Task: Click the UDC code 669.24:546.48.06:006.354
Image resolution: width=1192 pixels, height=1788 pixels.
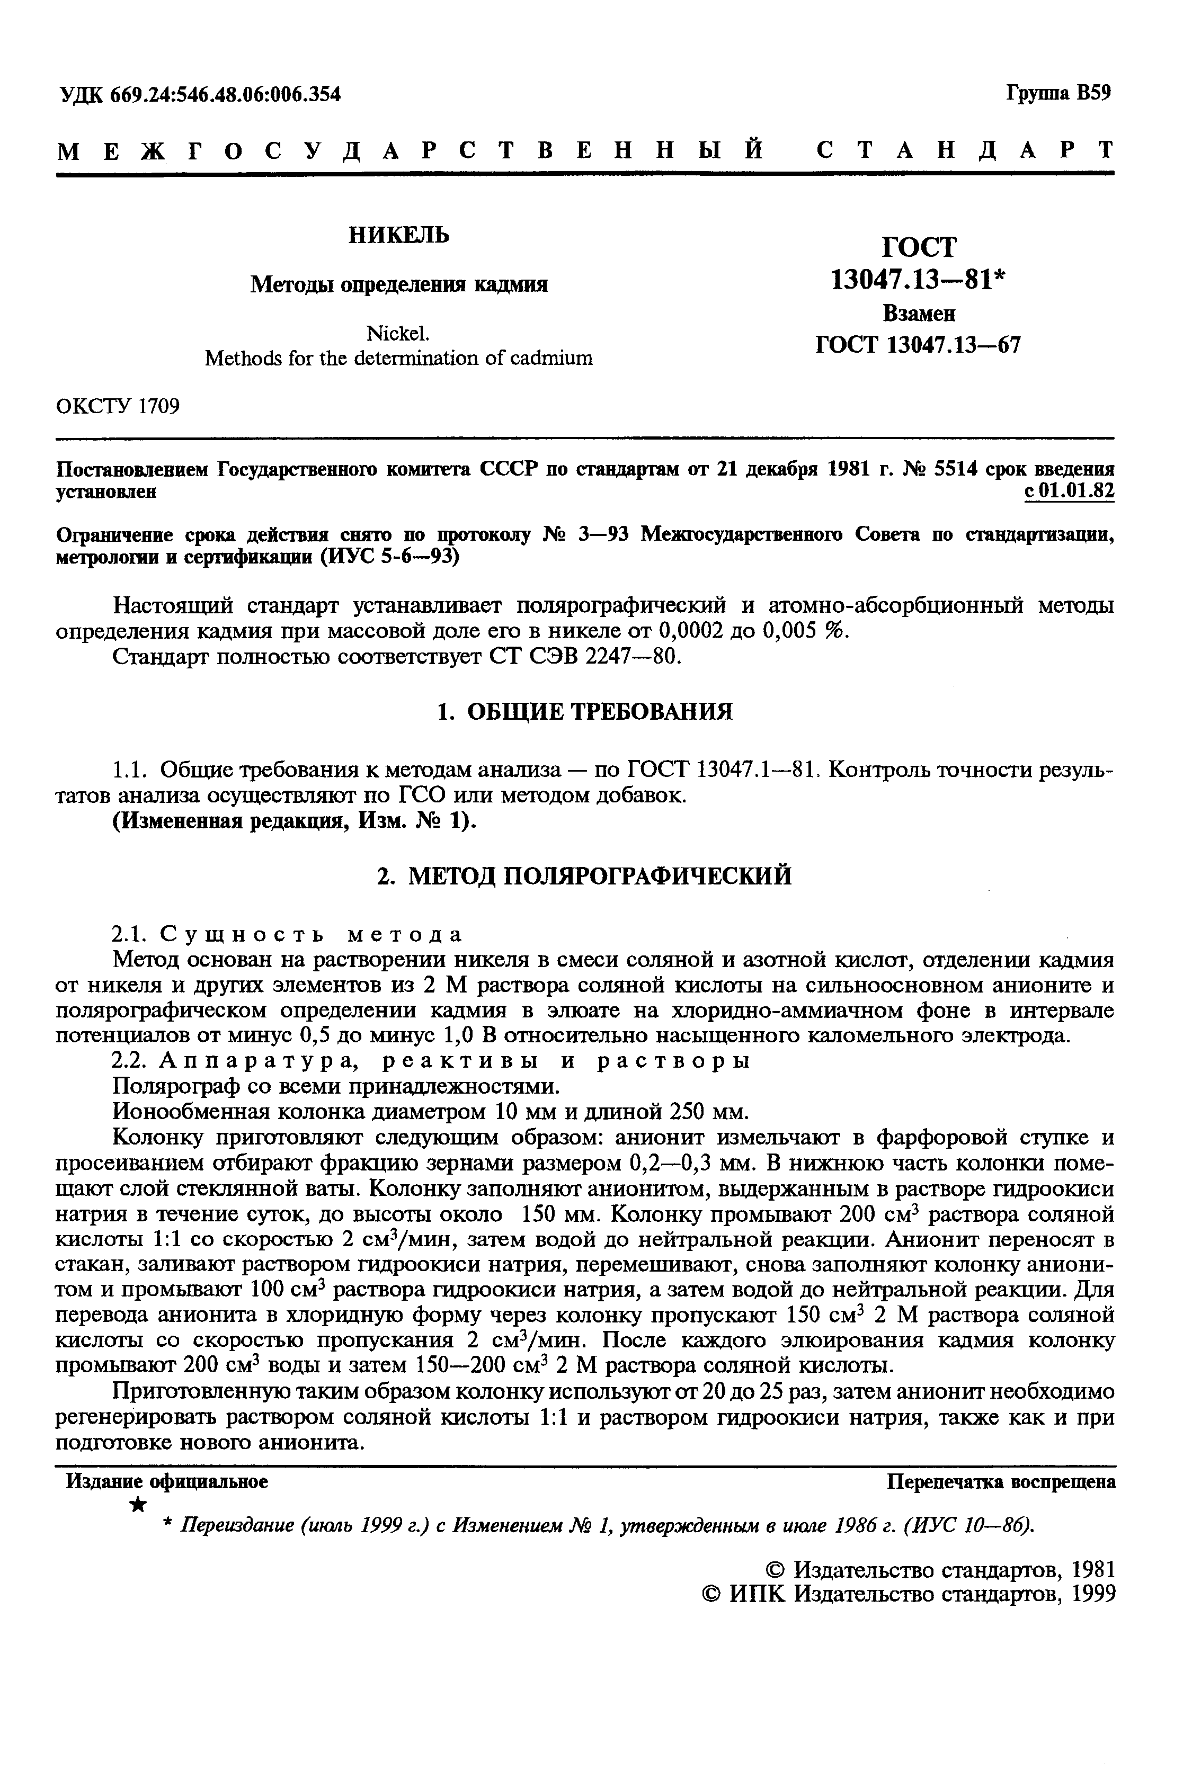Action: (225, 95)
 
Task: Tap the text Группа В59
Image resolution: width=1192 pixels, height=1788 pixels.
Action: (1058, 93)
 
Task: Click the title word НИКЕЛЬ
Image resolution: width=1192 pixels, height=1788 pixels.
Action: (398, 236)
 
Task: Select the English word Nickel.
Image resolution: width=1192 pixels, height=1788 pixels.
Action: (398, 334)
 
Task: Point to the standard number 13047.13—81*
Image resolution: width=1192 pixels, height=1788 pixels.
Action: (918, 280)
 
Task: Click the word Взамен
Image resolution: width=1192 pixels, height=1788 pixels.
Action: (918, 314)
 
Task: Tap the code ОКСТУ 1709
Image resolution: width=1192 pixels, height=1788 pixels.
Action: (119, 407)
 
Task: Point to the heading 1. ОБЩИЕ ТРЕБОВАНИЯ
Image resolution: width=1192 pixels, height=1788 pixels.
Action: (585, 712)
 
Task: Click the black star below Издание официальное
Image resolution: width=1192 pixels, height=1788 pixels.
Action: (138, 1505)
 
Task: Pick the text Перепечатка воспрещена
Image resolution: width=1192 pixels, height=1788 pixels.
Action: (1001, 1482)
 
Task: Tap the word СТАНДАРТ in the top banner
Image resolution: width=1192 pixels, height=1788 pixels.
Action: (965, 150)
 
